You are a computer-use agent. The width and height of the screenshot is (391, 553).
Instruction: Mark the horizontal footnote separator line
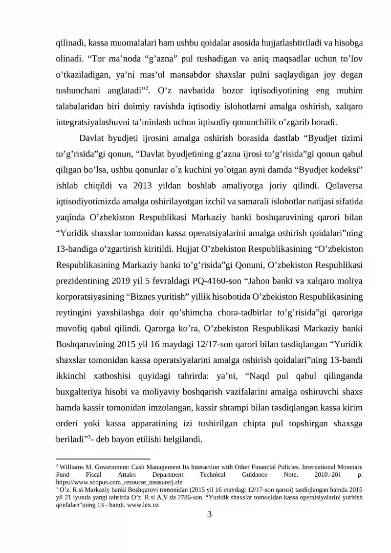pos(96,459)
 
